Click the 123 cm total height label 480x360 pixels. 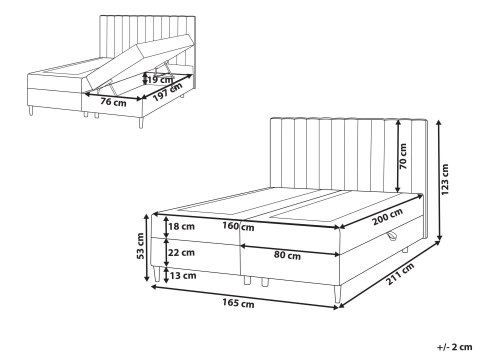click(445, 179)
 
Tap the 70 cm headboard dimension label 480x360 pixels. click(403, 156)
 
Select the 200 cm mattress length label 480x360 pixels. click(387, 216)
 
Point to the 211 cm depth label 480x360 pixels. click(400, 274)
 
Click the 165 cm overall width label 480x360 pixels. click(238, 303)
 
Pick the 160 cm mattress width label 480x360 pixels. click(238, 226)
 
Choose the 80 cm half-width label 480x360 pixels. click(287, 255)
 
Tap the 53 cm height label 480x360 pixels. click(140, 246)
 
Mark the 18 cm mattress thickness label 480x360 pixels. click(181, 227)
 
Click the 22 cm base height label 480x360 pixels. click(181, 253)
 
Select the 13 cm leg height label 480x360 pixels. click(183, 276)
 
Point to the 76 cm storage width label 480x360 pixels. click(113, 102)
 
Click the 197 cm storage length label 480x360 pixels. click(168, 92)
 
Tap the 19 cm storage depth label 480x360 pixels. click(160, 80)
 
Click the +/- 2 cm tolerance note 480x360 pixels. click(455, 347)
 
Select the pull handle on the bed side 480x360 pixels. click(392, 236)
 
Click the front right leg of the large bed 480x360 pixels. click(337, 295)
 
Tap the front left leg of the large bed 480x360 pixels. click(157, 273)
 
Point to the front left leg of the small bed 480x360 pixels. click(31, 110)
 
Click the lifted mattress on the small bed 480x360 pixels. click(140, 64)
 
